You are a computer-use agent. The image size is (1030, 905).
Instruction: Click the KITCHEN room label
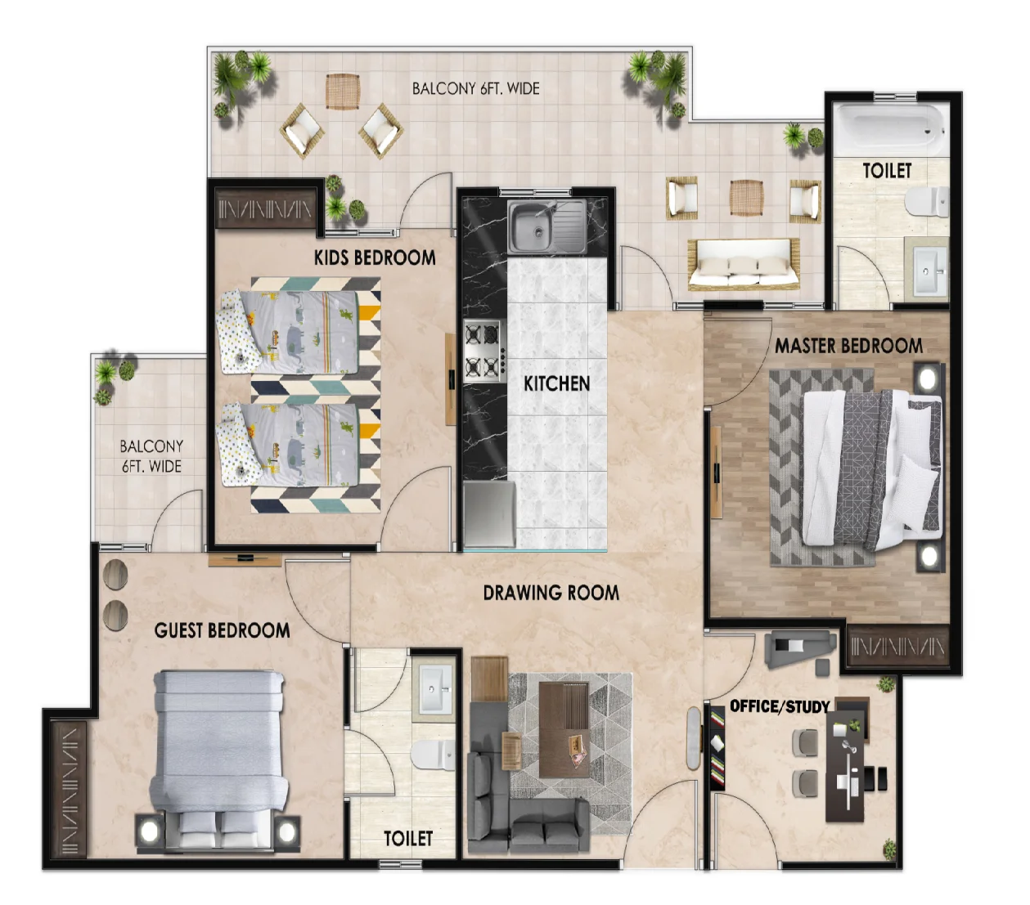(556, 383)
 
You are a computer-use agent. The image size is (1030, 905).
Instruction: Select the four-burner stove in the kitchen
(482, 351)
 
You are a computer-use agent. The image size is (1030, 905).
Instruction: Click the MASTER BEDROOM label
(848, 346)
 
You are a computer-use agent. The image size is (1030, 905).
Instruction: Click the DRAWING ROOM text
(551, 593)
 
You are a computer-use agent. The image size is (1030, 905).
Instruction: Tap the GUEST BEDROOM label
(222, 630)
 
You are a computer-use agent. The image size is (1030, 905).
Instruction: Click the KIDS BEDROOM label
(375, 258)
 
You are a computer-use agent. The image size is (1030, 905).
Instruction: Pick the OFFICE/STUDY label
(780, 706)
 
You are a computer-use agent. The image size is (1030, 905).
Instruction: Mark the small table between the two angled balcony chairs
(343, 91)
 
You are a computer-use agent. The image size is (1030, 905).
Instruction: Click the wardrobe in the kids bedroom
(265, 208)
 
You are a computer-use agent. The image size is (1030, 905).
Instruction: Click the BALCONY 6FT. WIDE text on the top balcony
(475, 88)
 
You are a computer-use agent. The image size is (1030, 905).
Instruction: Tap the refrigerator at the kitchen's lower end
(489, 514)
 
